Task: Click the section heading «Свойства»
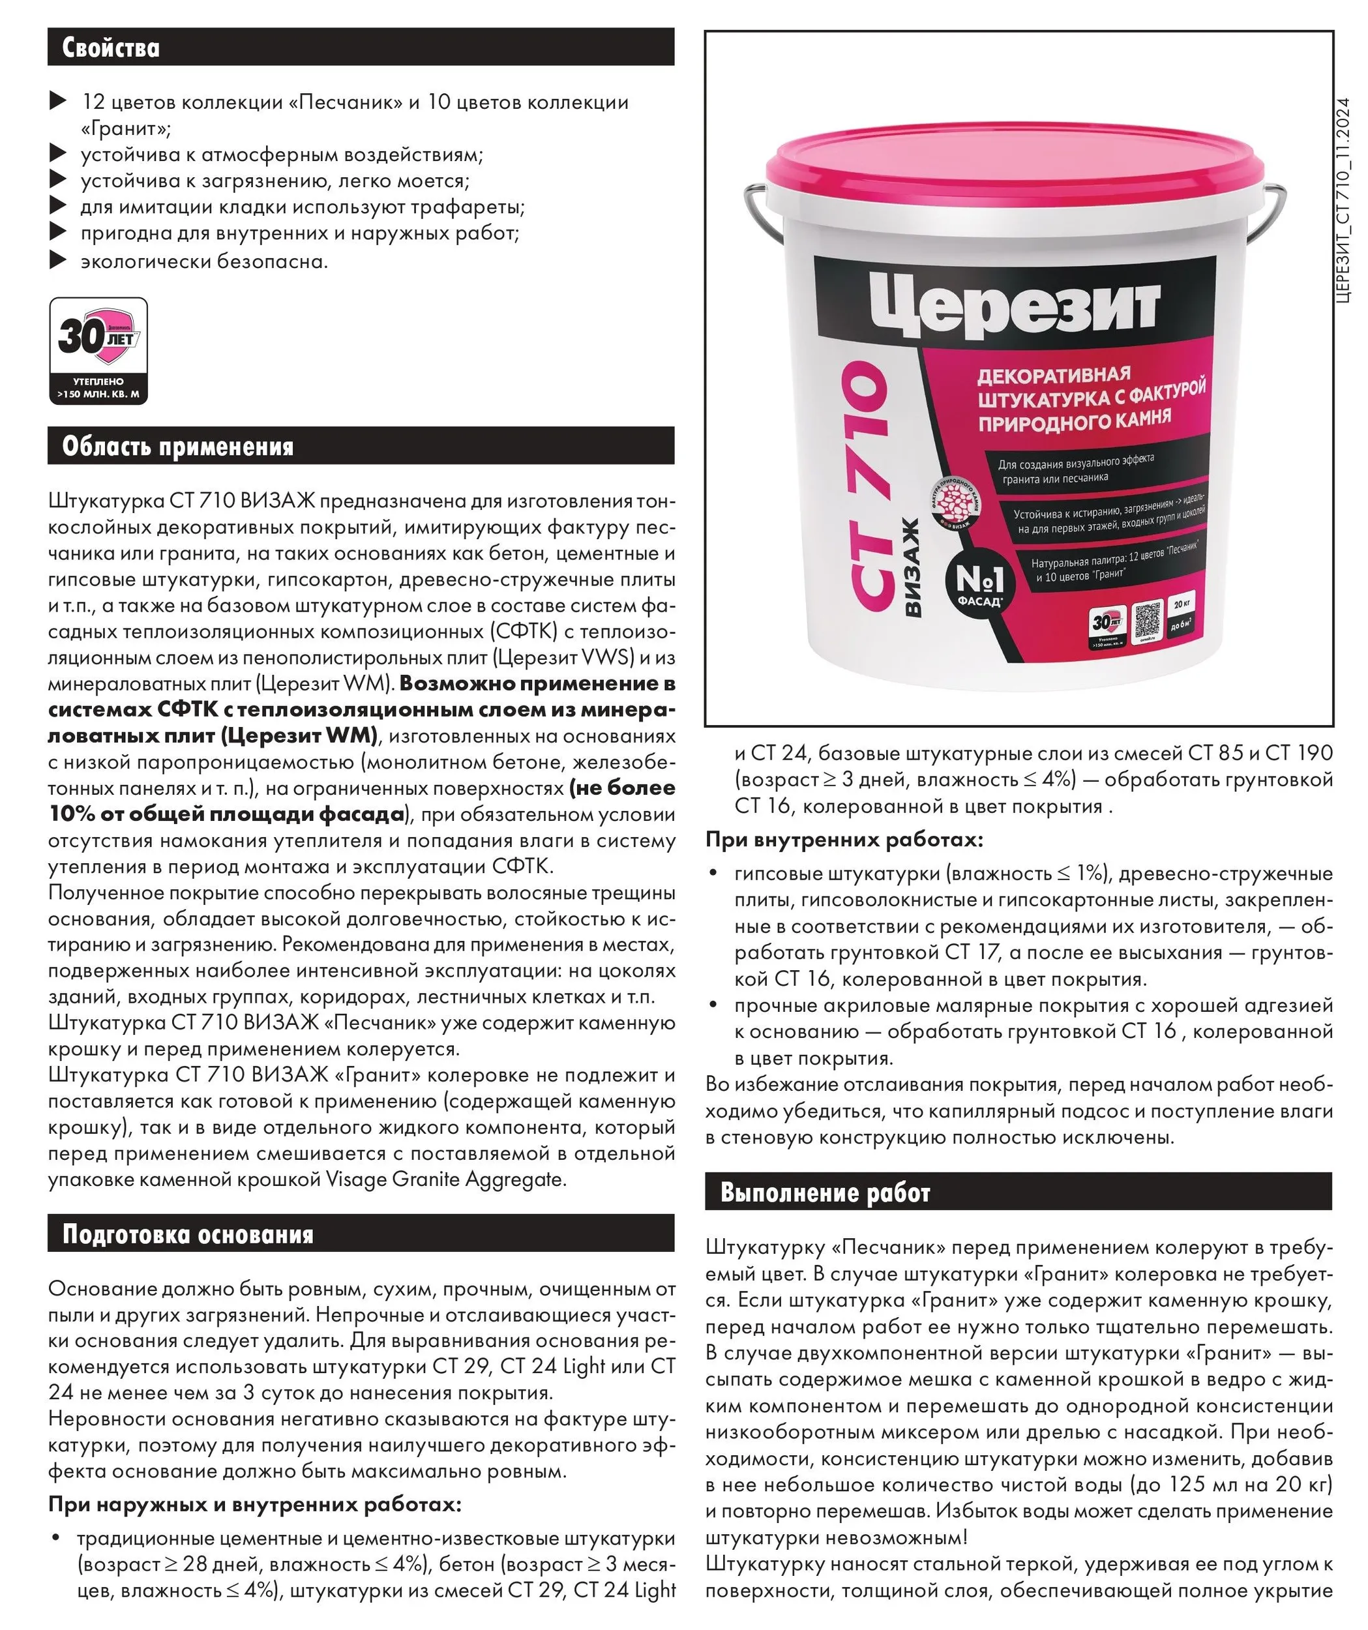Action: (111, 48)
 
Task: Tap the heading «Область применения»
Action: (178, 447)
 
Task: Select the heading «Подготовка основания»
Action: (188, 1234)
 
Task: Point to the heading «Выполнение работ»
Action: (825, 1193)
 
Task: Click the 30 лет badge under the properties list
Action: (98, 351)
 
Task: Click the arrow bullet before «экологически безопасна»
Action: (57, 261)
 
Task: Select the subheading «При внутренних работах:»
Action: (844, 840)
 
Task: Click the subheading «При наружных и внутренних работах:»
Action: (255, 1505)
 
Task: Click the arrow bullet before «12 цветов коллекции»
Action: (57, 101)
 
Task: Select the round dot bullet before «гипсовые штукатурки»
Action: (713, 873)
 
